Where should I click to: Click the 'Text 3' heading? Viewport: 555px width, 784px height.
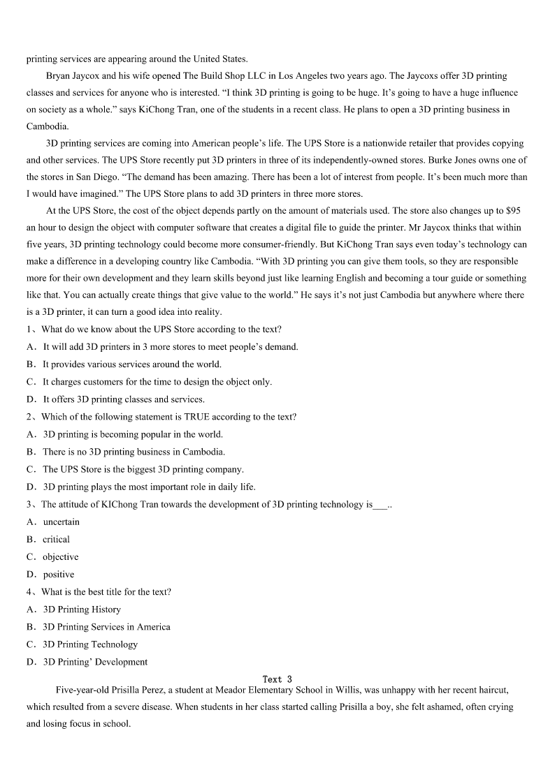277,679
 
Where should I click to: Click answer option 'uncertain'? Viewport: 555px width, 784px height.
61,522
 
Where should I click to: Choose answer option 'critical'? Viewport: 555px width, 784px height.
56,540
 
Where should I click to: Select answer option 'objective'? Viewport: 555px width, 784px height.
60,557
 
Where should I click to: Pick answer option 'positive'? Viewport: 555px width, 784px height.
58,575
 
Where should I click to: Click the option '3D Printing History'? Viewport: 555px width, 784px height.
81,609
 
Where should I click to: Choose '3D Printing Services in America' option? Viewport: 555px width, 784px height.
106,627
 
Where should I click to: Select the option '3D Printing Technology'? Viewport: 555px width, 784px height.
90,644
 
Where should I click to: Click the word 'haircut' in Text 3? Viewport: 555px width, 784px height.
493,690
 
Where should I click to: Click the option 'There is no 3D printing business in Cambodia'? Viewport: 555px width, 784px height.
134,452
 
